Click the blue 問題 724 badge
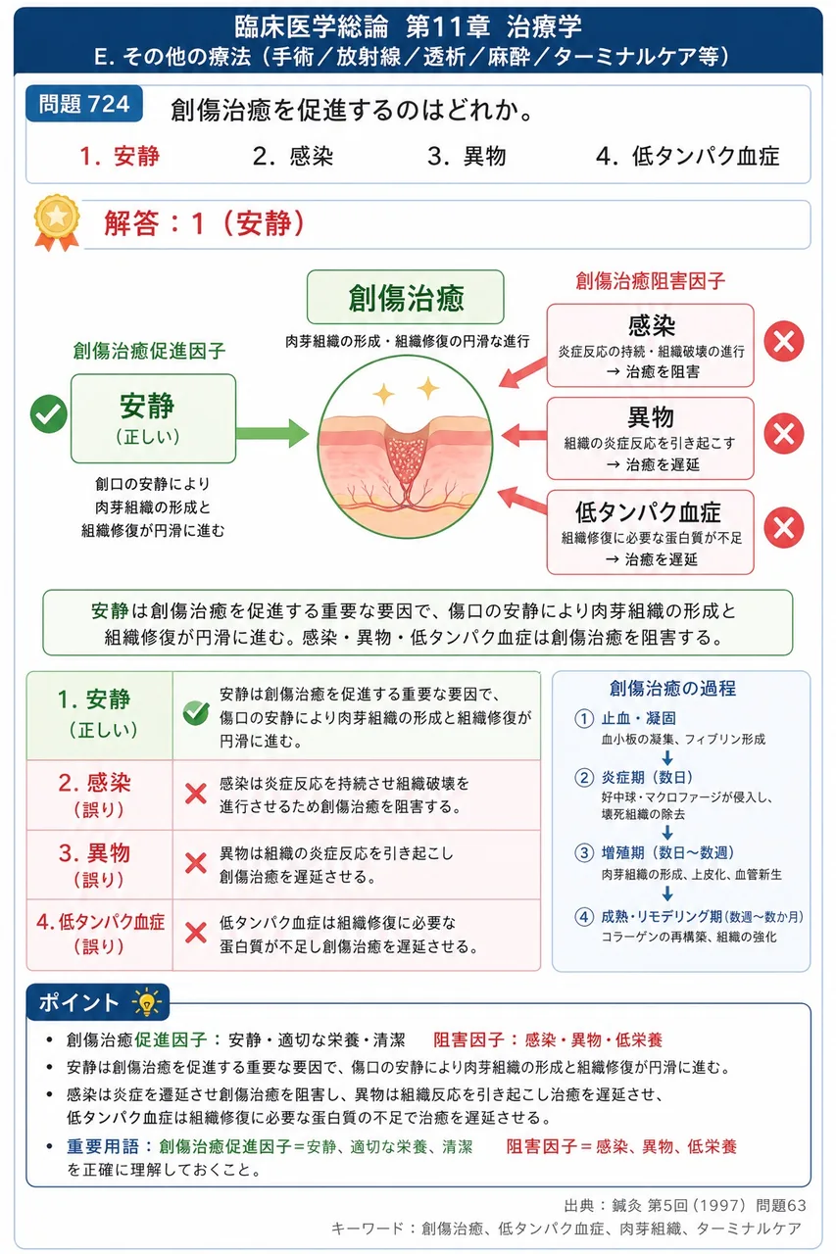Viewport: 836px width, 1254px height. click(x=84, y=104)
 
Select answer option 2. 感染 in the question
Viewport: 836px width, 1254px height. click(x=292, y=156)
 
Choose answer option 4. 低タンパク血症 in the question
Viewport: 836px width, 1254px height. click(x=687, y=156)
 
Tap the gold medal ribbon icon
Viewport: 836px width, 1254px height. click(x=57, y=222)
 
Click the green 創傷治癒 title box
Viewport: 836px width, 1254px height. click(x=406, y=297)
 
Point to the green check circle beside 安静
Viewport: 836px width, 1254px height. click(x=49, y=413)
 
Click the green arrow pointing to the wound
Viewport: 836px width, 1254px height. click(x=272, y=433)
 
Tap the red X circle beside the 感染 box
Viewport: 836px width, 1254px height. click(x=783, y=341)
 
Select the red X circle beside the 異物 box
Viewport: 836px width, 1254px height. click(x=783, y=433)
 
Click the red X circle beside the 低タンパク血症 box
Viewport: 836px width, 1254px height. click(x=783, y=527)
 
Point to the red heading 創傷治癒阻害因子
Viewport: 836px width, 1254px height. click(x=650, y=280)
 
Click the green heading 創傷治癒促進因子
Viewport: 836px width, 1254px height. click(x=150, y=351)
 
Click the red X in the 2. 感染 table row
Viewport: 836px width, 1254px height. click(x=196, y=794)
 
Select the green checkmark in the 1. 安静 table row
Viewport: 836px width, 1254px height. click(x=196, y=712)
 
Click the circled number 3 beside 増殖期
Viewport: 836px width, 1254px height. click(x=584, y=852)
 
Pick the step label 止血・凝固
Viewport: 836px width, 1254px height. click(x=638, y=718)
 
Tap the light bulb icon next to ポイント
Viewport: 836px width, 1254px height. click(x=147, y=1002)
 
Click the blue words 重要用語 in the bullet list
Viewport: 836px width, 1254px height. click(x=103, y=1146)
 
